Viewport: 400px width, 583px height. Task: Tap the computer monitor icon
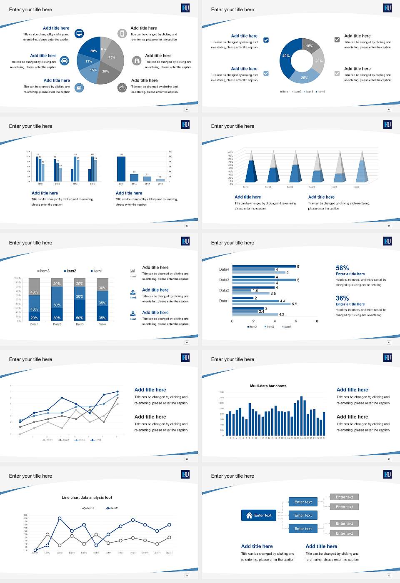pyautogui.click(x=79, y=34)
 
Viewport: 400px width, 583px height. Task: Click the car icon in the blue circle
pyautogui.click(x=65, y=61)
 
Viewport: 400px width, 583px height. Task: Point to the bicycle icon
pyautogui.click(x=122, y=87)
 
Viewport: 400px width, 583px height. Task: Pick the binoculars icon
pyautogui.click(x=137, y=61)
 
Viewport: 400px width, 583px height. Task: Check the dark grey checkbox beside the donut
pyautogui.click(x=337, y=40)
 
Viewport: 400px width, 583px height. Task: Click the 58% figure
pyautogui.click(x=342, y=268)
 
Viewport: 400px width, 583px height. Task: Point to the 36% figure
pyautogui.click(x=342, y=298)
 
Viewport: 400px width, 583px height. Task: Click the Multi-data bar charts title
pyautogui.click(x=268, y=386)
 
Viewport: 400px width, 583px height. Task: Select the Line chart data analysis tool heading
pyautogui.click(x=87, y=498)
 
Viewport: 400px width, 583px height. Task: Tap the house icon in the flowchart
pyautogui.click(x=250, y=515)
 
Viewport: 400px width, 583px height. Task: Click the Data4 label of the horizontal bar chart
pyautogui.click(x=224, y=269)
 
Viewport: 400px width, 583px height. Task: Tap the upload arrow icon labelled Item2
pyautogui.click(x=133, y=293)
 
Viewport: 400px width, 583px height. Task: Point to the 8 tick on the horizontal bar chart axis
pyautogui.click(x=317, y=321)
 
